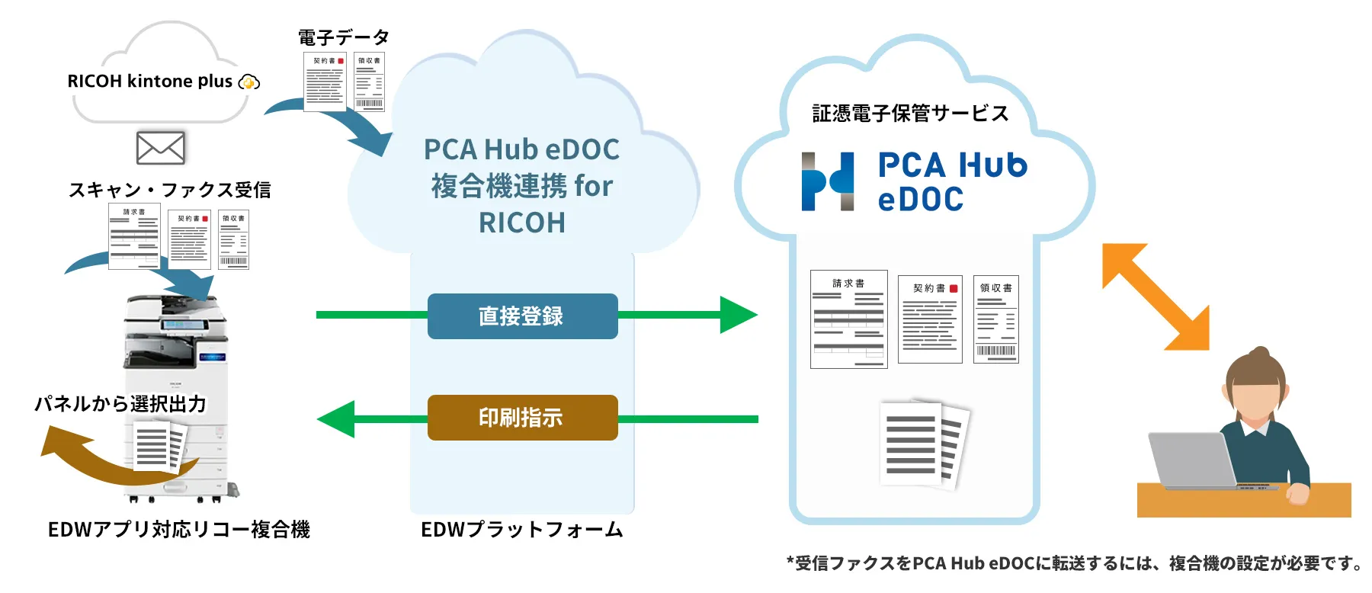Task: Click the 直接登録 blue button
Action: point(522,316)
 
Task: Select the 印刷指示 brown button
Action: point(522,418)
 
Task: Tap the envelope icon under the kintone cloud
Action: point(160,148)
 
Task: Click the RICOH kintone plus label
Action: point(149,81)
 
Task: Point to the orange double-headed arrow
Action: point(1156,296)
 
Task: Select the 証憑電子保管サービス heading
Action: point(910,114)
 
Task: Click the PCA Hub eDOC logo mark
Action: point(828,181)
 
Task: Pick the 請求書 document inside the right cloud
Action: point(849,319)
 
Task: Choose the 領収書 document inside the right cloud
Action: point(996,319)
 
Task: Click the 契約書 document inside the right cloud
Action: point(930,319)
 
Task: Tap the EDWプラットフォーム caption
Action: point(522,530)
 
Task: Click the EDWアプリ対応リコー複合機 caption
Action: point(179,530)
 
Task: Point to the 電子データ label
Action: point(344,37)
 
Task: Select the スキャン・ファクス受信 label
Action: point(170,190)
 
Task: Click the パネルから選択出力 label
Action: point(120,403)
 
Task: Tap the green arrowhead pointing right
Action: point(739,315)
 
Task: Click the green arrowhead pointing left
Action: point(336,419)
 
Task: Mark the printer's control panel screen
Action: point(185,325)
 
